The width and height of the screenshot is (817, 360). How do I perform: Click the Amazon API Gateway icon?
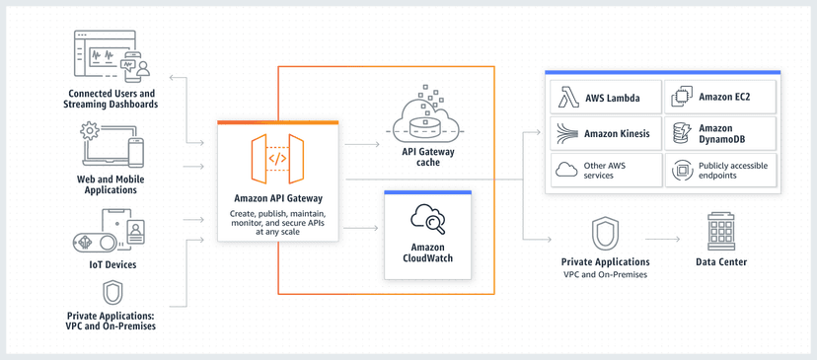pos(277,159)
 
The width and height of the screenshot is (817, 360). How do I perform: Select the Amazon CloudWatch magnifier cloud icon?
pos(428,218)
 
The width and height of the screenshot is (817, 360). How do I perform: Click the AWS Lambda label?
pos(612,99)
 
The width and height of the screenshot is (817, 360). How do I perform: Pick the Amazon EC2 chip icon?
pos(682,98)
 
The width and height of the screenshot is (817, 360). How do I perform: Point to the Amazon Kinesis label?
pos(617,133)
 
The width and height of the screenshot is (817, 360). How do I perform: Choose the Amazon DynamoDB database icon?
pos(682,133)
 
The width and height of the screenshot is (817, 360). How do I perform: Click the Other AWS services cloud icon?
pos(566,170)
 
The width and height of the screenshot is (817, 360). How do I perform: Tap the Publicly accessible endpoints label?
pos(732,171)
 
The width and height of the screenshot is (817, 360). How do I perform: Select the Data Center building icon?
pos(721,232)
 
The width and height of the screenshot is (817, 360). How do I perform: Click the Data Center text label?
pos(721,262)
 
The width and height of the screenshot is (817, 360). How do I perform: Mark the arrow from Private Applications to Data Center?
pos(663,239)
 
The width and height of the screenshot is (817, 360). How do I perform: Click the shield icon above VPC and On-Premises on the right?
pos(605,234)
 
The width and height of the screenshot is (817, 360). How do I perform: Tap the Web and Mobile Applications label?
pos(111,184)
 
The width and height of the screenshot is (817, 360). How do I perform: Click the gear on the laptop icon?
pos(90,131)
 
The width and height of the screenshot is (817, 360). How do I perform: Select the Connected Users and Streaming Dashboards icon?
pos(111,56)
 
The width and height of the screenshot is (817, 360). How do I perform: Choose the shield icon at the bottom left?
pos(112,293)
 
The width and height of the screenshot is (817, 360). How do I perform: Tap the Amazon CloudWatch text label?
pos(428,253)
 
